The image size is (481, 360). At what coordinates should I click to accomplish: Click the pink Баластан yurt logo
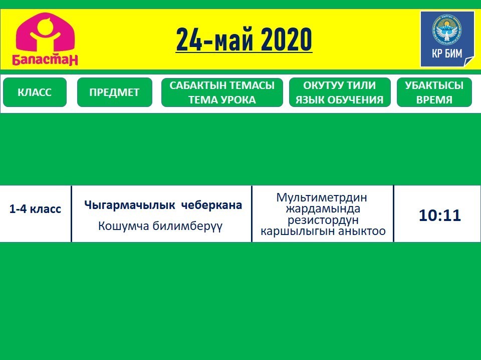pos(45,32)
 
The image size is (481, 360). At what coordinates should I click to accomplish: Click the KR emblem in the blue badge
pos(446,28)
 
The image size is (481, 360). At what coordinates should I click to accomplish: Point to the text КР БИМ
pos(447,53)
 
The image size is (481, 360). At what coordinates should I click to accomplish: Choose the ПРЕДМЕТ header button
pos(114,92)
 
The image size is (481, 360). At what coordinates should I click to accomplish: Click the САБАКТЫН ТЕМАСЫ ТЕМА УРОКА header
pos(222,92)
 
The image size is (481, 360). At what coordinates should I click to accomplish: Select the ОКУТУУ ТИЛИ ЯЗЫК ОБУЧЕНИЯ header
pos(340,92)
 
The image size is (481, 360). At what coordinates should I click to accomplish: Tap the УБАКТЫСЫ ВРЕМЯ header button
pos(434,92)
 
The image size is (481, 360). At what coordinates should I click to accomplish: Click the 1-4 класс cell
pos(35,209)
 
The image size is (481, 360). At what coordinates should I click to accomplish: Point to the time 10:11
pos(440,215)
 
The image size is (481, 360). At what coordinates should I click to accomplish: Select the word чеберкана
pos(211,205)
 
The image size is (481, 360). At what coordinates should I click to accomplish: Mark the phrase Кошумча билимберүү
pos(160,226)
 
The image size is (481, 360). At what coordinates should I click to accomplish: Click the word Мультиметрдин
pos(322,197)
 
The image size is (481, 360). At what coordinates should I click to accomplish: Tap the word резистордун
pos(323,220)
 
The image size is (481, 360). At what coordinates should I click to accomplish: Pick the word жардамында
pos(323,209)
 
